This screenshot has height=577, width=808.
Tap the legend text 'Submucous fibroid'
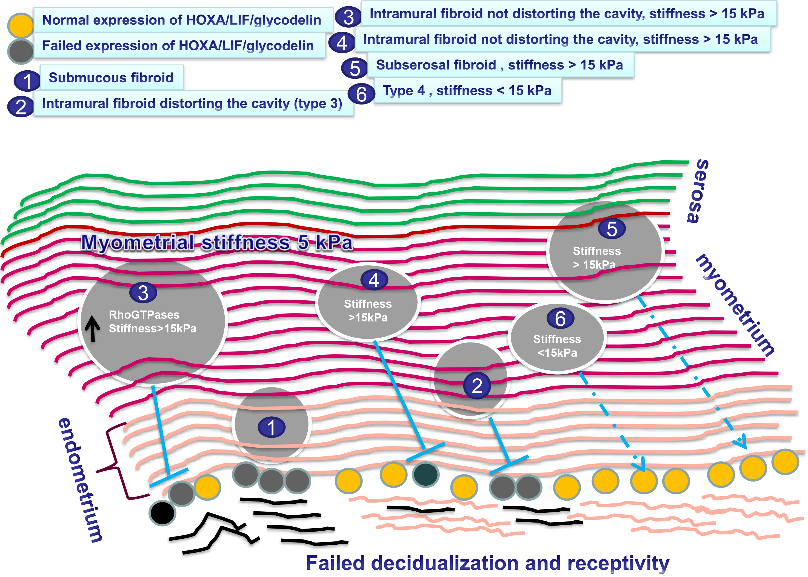(x=111, y=77)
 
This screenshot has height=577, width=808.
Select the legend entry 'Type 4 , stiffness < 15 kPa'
(x=467, y=91)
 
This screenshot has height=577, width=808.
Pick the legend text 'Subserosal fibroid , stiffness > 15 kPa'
(x=499, y=65)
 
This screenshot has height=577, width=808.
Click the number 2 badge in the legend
(x=21, y=107)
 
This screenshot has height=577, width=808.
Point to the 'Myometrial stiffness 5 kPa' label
(x=217, y=242)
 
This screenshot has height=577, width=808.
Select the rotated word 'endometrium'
(x=80, y=480)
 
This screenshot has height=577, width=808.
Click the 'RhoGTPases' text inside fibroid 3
(x=144, y=315)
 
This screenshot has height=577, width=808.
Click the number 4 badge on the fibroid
(x=374, y=280)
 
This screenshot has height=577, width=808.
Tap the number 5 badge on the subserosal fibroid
(x=612, y=228)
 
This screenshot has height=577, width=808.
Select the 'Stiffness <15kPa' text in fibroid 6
(x=557, y=346)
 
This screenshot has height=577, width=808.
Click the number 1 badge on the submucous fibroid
(x=272, y=427)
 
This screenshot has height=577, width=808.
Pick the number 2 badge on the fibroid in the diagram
(x=477, y=385)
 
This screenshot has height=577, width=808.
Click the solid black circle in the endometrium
(x=162, y=513)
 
